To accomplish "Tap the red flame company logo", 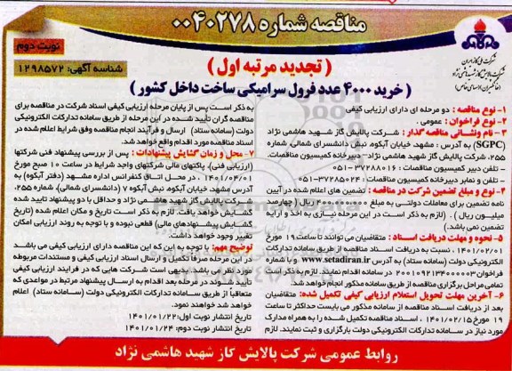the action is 474,20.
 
